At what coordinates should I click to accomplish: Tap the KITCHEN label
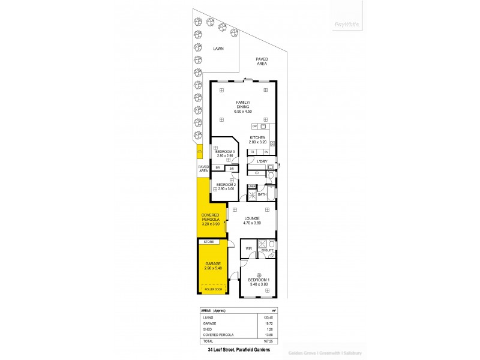click(258, 137)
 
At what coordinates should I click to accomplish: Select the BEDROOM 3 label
click(224, 151)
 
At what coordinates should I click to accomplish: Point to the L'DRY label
click(262, 162)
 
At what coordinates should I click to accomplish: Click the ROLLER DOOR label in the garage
click(213, 289)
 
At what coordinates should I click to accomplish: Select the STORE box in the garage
click(209, 242)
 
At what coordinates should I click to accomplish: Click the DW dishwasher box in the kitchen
click(255, 127)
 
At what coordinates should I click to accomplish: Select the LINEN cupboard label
click(251, 186)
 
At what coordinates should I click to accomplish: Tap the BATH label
click(262, 194)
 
